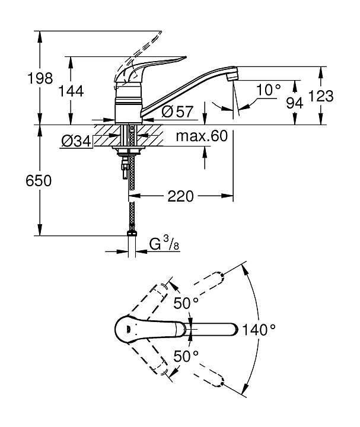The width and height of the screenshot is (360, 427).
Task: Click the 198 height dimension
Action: pyautogui.click(x=40, y=78)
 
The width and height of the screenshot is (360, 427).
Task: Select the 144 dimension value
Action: pyautogui.click(x=71, y=91)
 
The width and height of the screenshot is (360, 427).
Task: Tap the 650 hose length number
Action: pyautogui.click(x=39, y=180)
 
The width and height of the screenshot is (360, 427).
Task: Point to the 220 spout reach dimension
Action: pyautogui.click(x=180, y=196)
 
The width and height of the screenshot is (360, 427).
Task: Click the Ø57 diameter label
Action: pyautogui.click(x=177, y=111)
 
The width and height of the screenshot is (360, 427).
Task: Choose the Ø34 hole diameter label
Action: pyautogui.click(x=76, y=141)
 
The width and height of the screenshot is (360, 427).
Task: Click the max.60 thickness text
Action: pyautogui.click(x=202, y=136)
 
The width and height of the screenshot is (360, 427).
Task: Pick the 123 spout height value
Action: pyautogui.click(x=321, y=96)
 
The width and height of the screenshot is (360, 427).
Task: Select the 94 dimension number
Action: pyautogui.click(x=295, y=103)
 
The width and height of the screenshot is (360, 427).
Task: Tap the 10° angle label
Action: pyautogui.click(x=268, y=90)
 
